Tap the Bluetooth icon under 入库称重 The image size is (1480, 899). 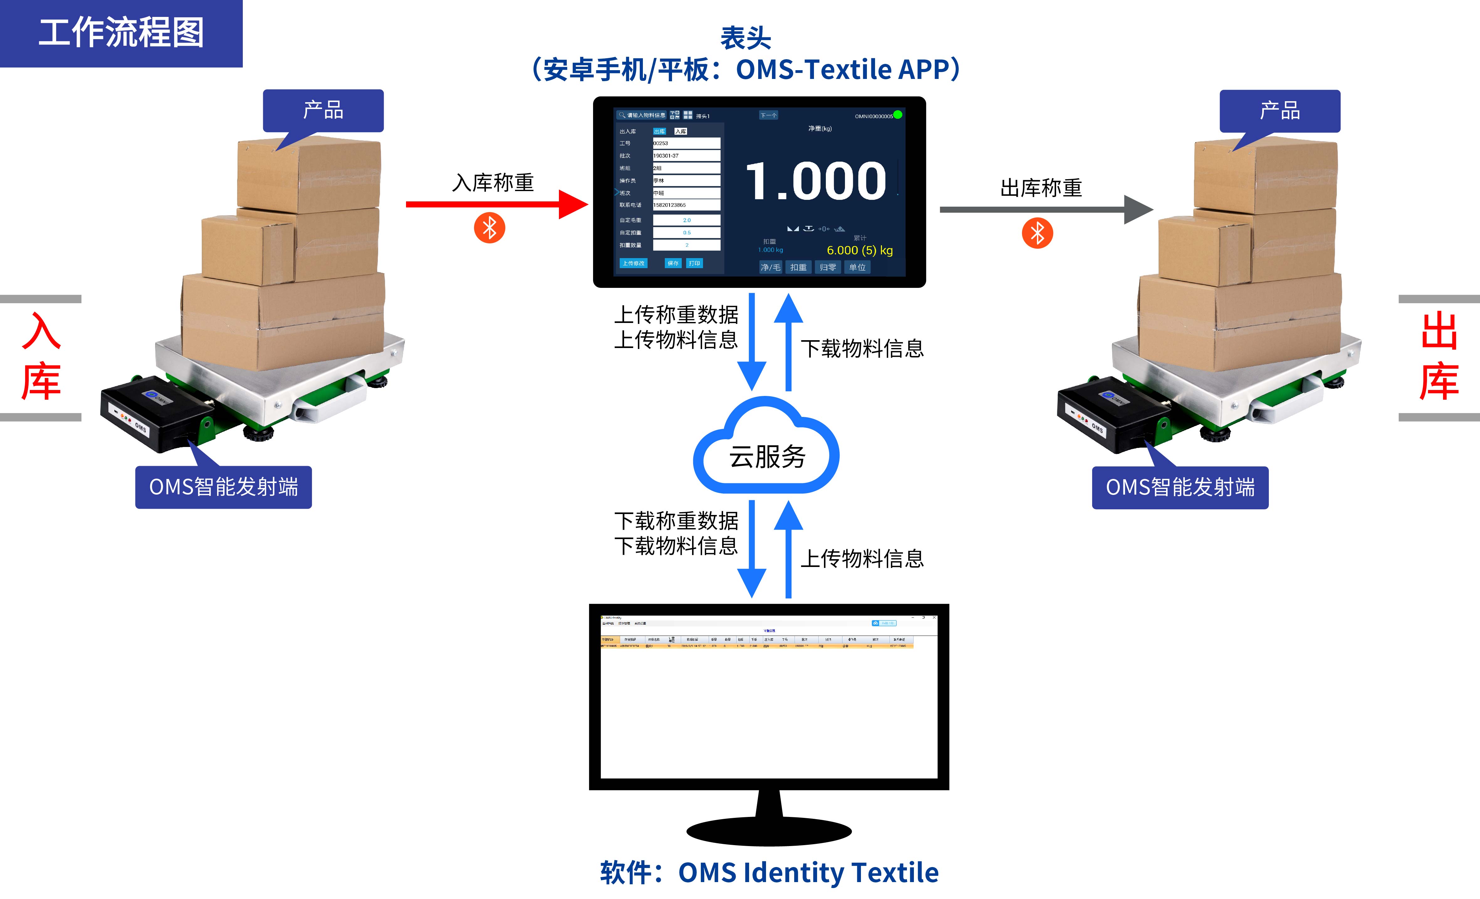(490, 228)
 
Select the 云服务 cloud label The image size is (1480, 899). (767, 456)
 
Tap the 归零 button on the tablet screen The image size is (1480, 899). (828, 267)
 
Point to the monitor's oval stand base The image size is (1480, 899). (769, 832)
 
